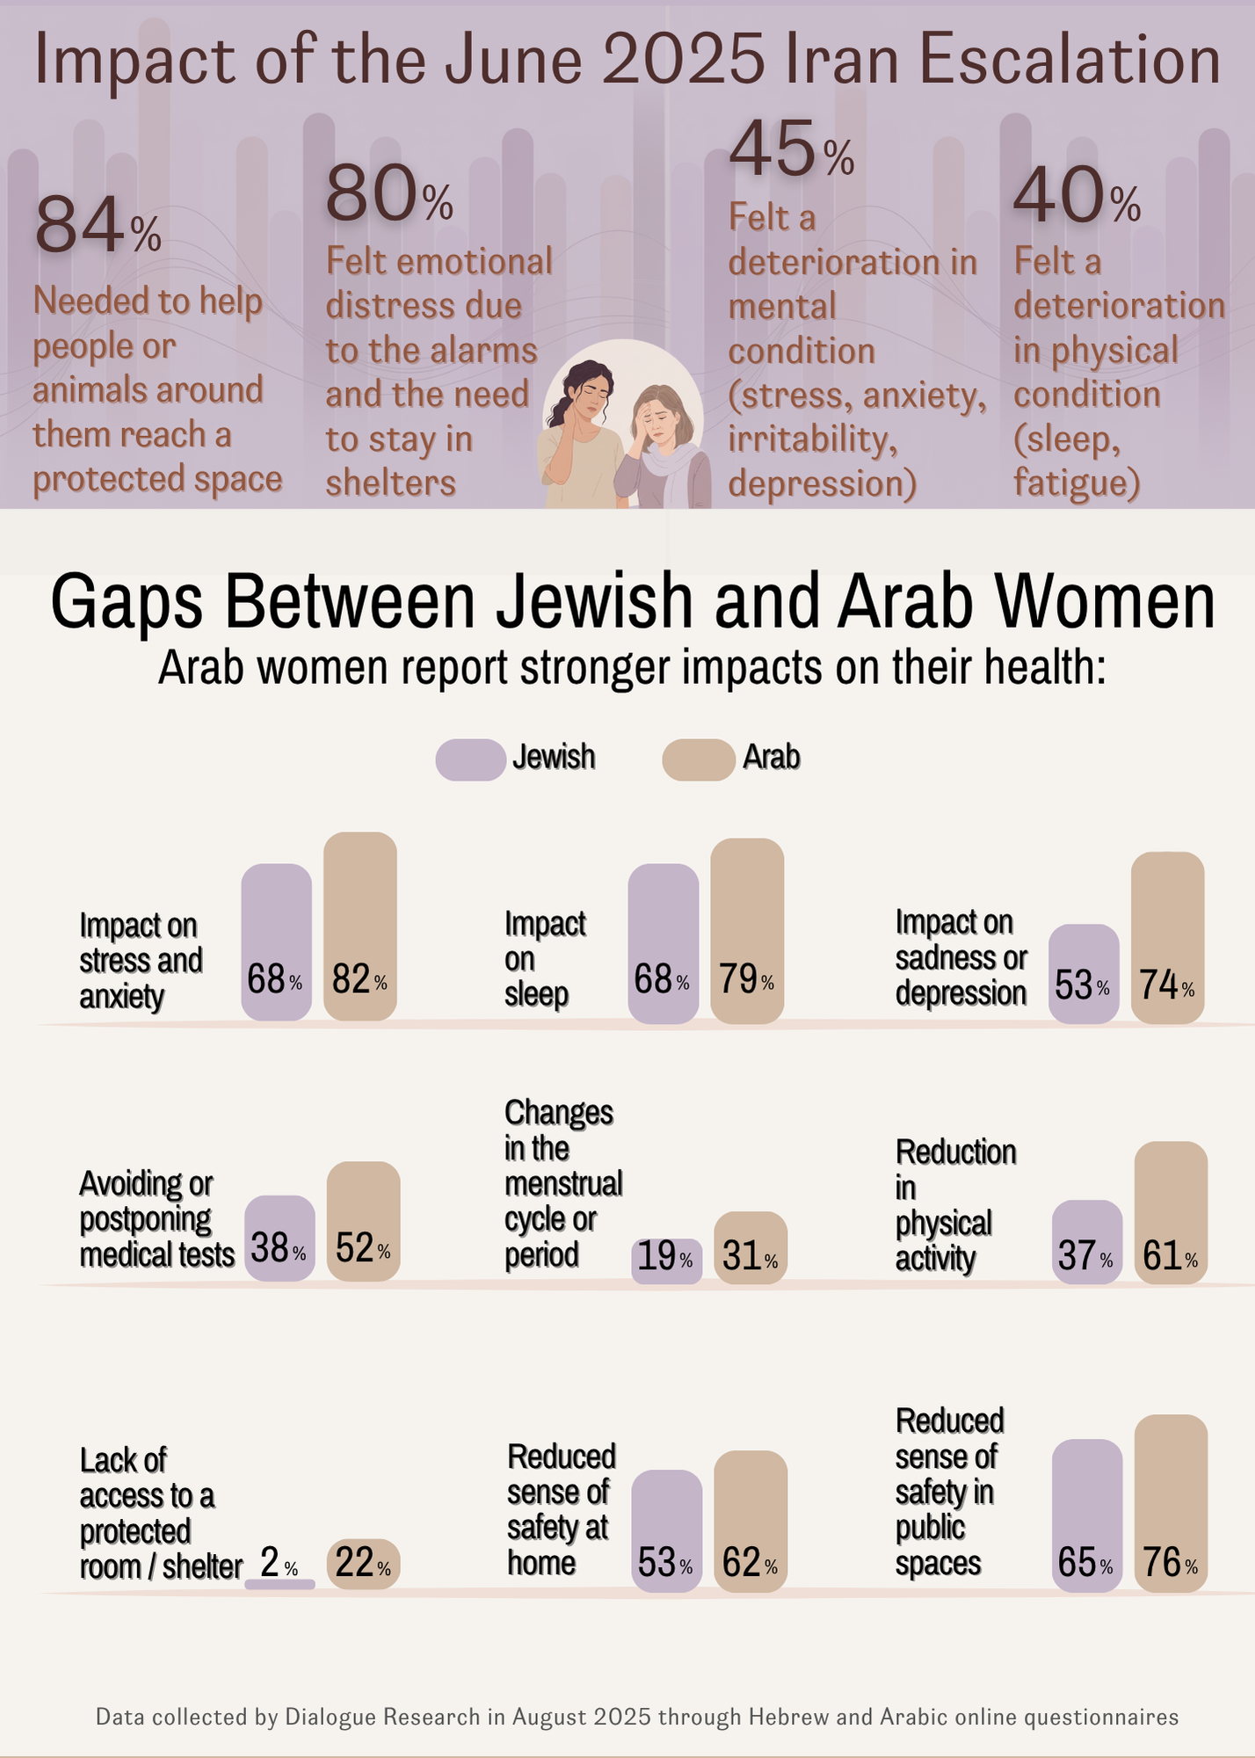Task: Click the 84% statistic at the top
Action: pos(97,226)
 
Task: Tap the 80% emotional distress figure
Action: pos(388,196)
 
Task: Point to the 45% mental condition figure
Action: pos(791,151)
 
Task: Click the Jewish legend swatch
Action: pos(470,759)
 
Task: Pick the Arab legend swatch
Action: pos(698,759)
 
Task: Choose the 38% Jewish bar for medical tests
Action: pos(279,1238)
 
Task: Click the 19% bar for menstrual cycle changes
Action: pos(666,1260)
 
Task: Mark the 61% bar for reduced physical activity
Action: pos(1171,1213)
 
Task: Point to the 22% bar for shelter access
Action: pos(363,1564)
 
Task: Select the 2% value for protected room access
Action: pos(271,1563)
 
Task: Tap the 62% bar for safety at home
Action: pos(751,1522)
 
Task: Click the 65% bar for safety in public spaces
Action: pos(1087,1515)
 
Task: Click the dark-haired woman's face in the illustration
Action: pos(592,392)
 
